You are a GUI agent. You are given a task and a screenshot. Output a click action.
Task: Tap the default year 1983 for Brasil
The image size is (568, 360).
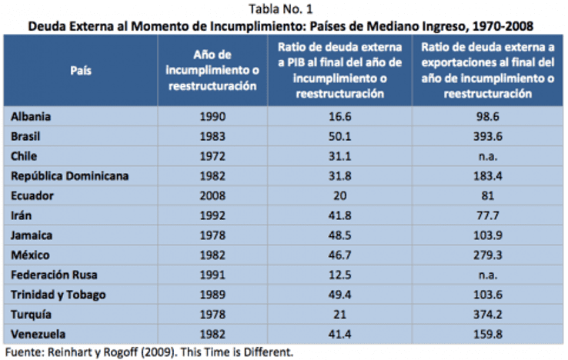point(212,135)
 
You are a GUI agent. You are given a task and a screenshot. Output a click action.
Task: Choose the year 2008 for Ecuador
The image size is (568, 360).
point(212,195)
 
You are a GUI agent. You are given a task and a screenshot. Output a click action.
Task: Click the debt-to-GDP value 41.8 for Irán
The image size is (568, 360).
point(339,215)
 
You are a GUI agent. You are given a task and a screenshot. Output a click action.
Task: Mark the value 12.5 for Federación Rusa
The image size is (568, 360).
point(339,275)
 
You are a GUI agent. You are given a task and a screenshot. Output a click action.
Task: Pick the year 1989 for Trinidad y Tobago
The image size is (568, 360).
point(212,295)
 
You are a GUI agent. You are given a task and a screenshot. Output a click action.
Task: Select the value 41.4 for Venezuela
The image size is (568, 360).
point(339,335)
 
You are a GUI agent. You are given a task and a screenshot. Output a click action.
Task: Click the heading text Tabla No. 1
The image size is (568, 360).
point(284,9)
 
